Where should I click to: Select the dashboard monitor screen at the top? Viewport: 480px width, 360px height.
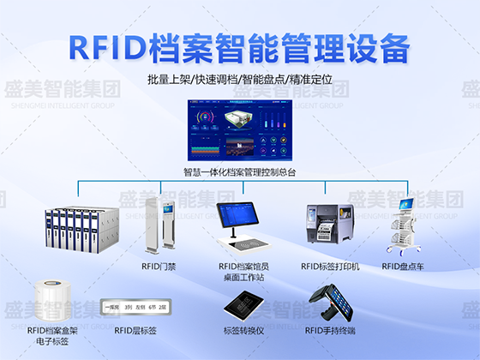(x=239, y=129)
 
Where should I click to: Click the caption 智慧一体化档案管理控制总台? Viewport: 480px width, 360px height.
(x=239, y=171)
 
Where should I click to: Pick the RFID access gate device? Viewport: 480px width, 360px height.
(x=163, y=225)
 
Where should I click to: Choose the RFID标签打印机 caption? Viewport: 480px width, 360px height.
(x=330, y=267)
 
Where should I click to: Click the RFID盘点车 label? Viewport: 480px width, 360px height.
(x=403, y=267)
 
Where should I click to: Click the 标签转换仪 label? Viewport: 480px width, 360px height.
(x=245, y=330)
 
